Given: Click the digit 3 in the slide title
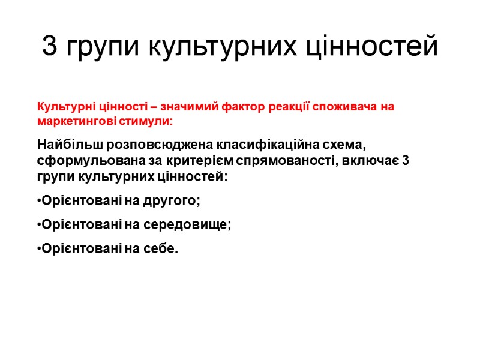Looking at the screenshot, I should pyautogui.click(x=50, y=47).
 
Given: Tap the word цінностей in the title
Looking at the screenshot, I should pyautogui.click(x=373, y=47).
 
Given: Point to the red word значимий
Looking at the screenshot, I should pyautogui.click(x=196, y=107).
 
